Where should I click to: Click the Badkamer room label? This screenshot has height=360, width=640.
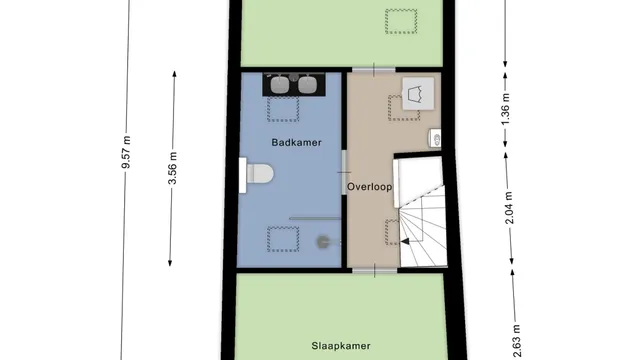coord(296,142)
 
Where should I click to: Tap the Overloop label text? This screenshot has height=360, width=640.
coord(370,187)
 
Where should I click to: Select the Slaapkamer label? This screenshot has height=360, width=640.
coord(341,346)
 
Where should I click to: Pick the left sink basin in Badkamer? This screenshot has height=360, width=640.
coord(280,84)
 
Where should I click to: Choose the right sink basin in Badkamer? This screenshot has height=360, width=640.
coord(307,84)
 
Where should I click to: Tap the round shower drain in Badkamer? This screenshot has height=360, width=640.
coord(323,242)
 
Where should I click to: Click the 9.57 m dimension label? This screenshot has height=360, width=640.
coord(127,152)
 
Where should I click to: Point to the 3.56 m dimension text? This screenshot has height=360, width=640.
coord(173,168)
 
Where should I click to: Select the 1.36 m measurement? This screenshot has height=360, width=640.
coord(505,110)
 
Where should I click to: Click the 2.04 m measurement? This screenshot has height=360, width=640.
coord(509,208)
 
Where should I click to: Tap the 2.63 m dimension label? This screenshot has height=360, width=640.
coord(516,341)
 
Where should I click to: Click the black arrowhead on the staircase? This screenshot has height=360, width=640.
coord(405,242)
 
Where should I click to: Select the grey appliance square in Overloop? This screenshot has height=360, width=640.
coord(418,94)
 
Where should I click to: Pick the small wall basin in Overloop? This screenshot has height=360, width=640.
coord(435,139)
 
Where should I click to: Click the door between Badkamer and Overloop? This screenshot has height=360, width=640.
coord(344,173)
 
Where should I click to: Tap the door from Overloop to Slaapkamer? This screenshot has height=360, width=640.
coord(375,271)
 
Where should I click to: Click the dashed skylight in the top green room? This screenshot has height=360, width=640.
coord(401,21)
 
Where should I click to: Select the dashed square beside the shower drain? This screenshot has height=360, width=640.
coord(283,239)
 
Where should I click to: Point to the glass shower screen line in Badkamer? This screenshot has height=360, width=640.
coord(315,219)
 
